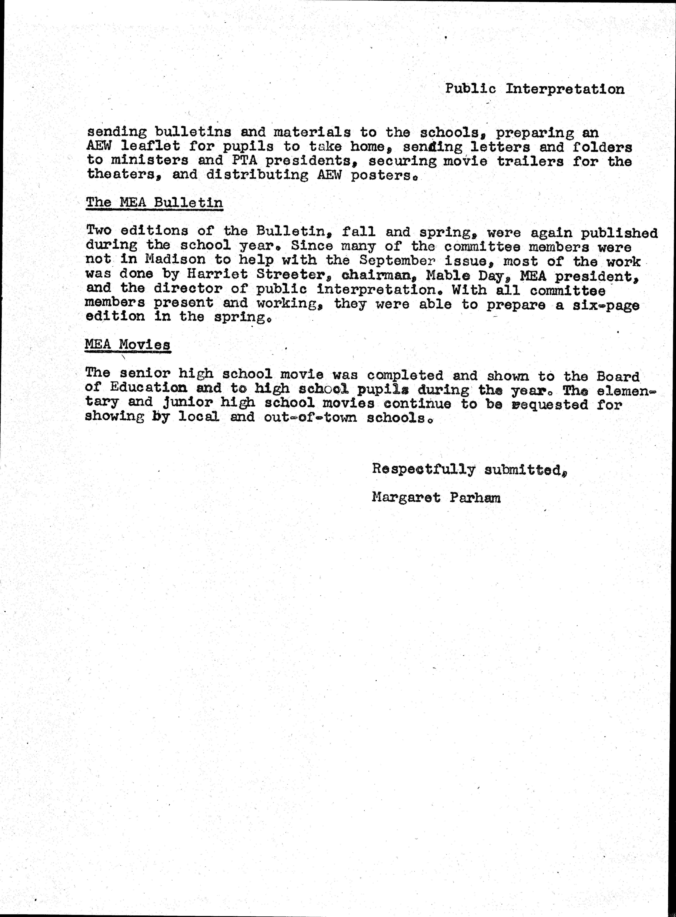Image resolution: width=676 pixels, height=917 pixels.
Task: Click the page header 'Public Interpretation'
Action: pyautogui.click(x=534, y=89)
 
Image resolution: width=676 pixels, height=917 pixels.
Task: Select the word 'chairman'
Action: pyautogui.click(x=376, y=275)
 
